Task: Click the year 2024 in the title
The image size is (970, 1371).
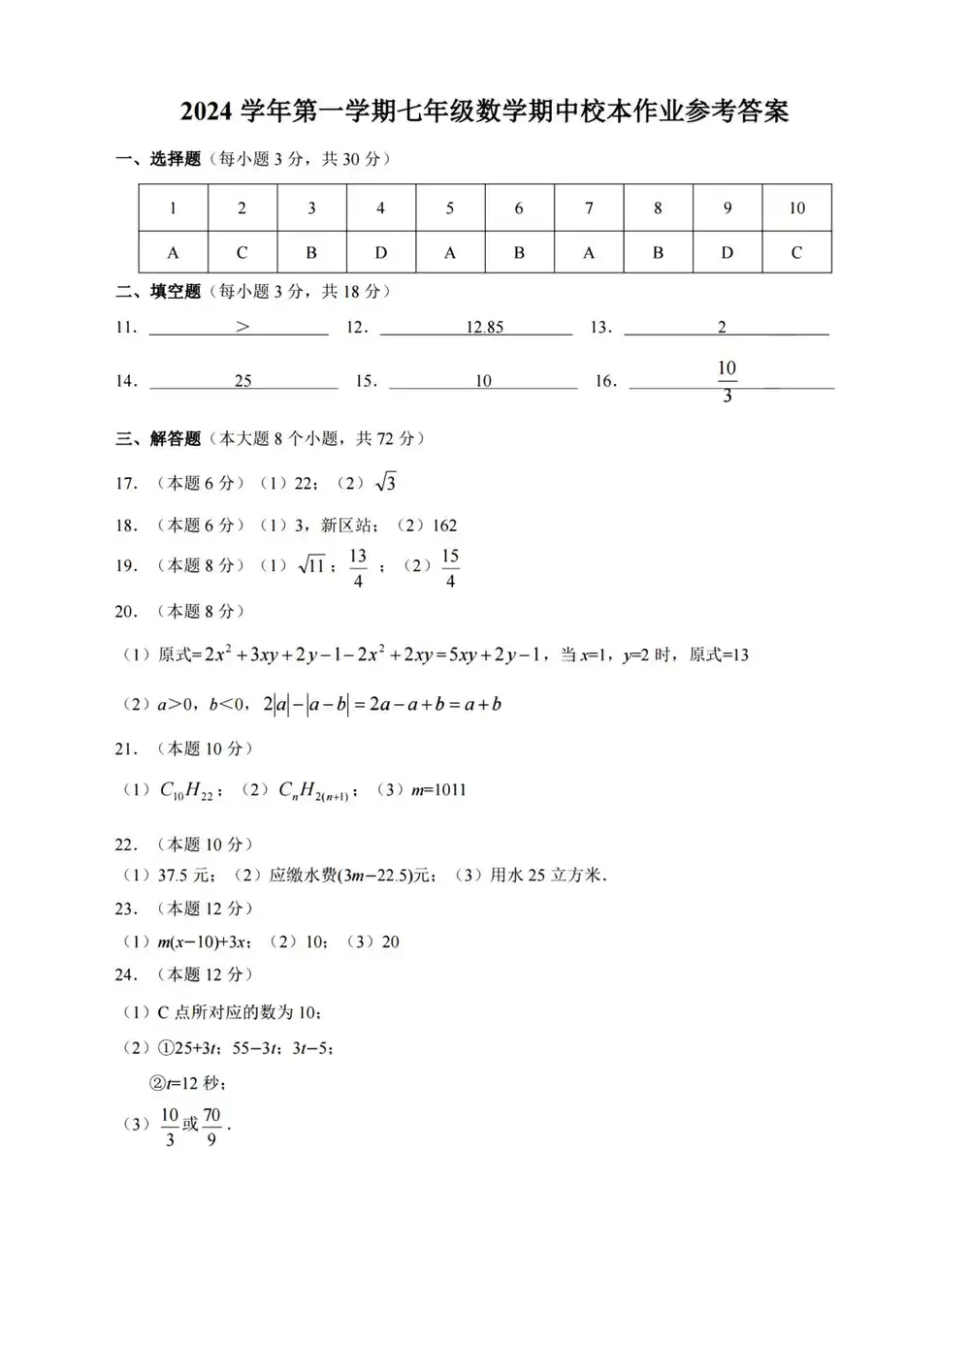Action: click(207, 112)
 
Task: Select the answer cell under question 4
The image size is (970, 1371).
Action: click(380, 253)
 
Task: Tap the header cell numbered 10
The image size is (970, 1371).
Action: click(796, 207)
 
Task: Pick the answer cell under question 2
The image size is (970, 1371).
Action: click(242, 253)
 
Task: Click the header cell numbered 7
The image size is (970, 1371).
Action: click(589, 207)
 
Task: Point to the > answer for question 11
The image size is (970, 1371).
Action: click(242, 327)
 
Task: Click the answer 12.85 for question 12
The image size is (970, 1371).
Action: click(484, 327)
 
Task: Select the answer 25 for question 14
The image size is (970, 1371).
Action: click(242, 381)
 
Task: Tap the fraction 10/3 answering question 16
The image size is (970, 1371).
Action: click(727, 381)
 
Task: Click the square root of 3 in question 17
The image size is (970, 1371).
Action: click(385, 482)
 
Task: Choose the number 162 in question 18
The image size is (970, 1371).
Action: click(444, 526)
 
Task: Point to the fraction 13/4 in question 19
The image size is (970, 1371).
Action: click(358, 568)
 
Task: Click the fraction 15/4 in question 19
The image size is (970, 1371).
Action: click(450, 568)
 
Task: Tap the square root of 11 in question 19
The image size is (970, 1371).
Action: click(311, 565)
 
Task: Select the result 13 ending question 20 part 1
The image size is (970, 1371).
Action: click(740, 655)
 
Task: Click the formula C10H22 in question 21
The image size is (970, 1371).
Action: click(186, 791)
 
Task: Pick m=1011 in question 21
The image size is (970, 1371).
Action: click(438, 790)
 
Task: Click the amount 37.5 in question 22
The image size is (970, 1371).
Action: click(174, 876)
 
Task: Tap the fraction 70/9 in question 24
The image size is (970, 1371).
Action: click(211, 1127)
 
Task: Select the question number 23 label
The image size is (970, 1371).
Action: click(125, 909)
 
